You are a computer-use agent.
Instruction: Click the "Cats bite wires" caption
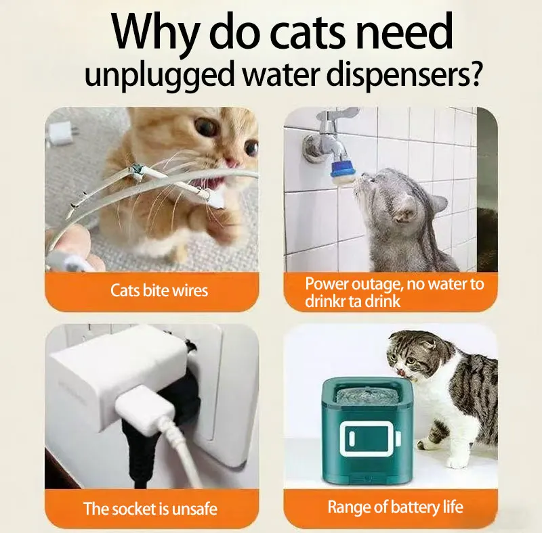(x=159, y=290)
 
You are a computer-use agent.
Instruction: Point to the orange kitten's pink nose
(x=231, y=162)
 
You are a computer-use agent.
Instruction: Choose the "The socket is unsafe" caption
(x=150, y=509)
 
